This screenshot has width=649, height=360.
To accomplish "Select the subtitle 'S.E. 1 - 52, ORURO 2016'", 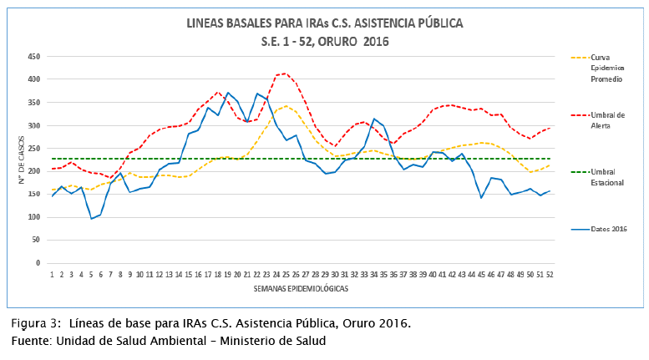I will click(324, 41).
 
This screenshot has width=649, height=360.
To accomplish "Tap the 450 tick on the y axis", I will click(34, 57).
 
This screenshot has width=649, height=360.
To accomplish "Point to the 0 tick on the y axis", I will click(38, 263).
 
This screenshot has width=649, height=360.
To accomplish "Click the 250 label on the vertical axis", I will click(34, 149).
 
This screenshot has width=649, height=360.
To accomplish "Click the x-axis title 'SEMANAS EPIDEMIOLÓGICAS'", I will click(300, 287).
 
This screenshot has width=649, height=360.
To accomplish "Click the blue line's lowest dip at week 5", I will click(91, 219).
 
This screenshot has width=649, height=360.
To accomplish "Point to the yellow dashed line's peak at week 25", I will click(286, 106).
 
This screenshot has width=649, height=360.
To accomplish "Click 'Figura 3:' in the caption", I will click(34, 323).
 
